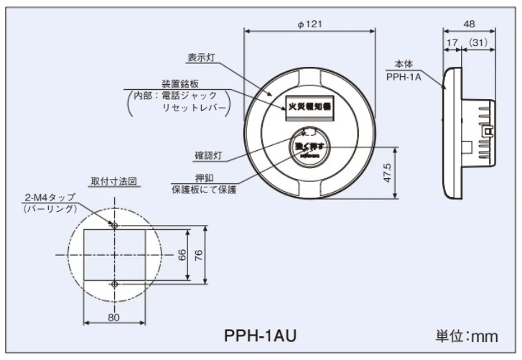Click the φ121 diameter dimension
coord(309,24)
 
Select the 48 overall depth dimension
coord(470,24)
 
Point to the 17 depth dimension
coord(451,43)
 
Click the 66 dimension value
coord(182,255)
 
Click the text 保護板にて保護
coord(203,190)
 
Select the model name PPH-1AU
coord(260,335)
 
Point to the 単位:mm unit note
coord(467,335)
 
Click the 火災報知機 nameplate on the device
coord(309,105)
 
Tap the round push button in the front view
coord(310,147)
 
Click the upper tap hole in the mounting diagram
coord(114,225)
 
